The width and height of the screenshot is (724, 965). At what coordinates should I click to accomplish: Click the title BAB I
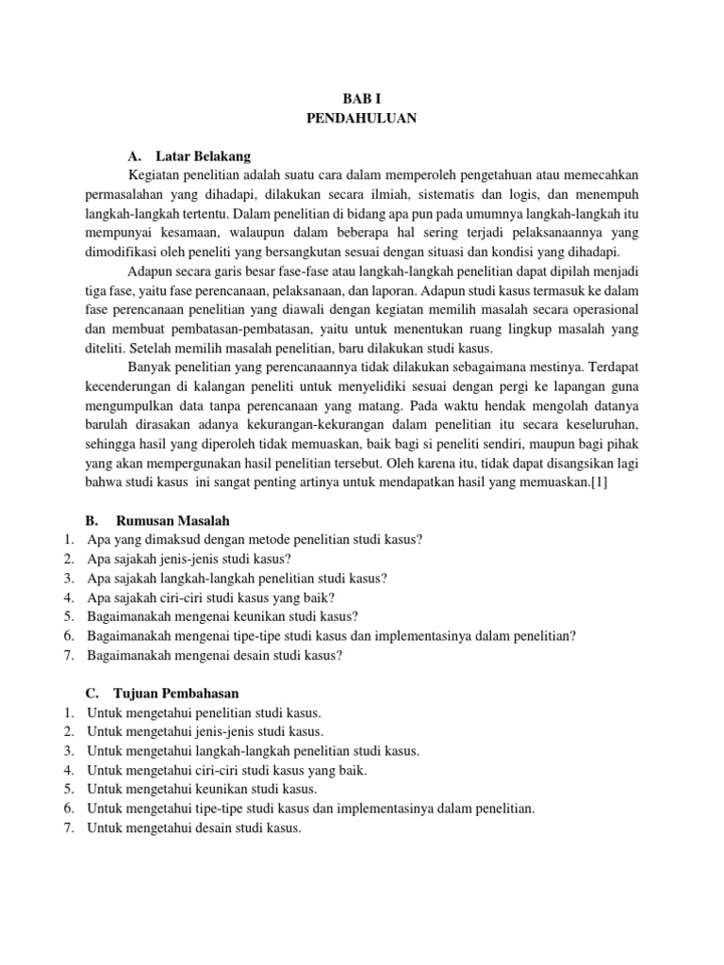click(x=362, y=98)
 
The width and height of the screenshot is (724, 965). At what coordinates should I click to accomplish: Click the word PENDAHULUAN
click(x=362, y=118)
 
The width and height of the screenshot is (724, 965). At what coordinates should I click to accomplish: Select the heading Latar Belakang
click(x=204, y=155)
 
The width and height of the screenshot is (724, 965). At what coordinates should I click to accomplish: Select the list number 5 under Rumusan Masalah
click(x=69, y=616)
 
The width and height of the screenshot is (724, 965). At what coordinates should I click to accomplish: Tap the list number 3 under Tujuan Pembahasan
click(x=69, y=751)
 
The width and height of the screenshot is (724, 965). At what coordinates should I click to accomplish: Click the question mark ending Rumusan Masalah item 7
click(x=339, y=655)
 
